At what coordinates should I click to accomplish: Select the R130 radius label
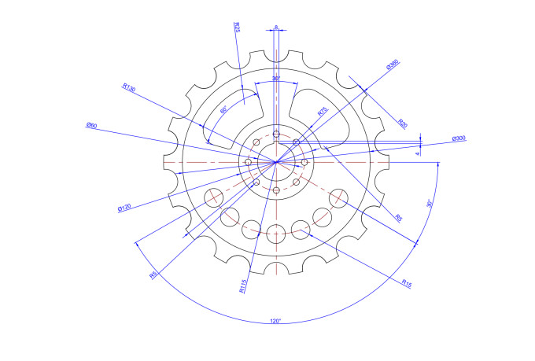tap(129, 88)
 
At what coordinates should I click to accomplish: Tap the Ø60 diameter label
tap(91, 126)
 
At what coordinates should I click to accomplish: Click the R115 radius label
tap(243, 285)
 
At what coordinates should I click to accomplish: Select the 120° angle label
tap(275, 321)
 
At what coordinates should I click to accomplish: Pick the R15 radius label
tap(406, 282)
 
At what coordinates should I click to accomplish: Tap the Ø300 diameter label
tap(459, 139)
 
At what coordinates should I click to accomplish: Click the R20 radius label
tap(403, 123)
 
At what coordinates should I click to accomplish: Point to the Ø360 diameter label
tap(393, 66)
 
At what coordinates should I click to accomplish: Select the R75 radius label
tap(323, 112)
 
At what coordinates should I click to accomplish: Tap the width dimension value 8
tap(276, 28)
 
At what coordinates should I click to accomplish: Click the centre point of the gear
tap(276, 162)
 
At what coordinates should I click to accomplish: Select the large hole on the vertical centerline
tap(276, 231)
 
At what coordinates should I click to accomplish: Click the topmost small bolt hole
tap(276, 134)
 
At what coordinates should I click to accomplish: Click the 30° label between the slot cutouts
tap(276, 79)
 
